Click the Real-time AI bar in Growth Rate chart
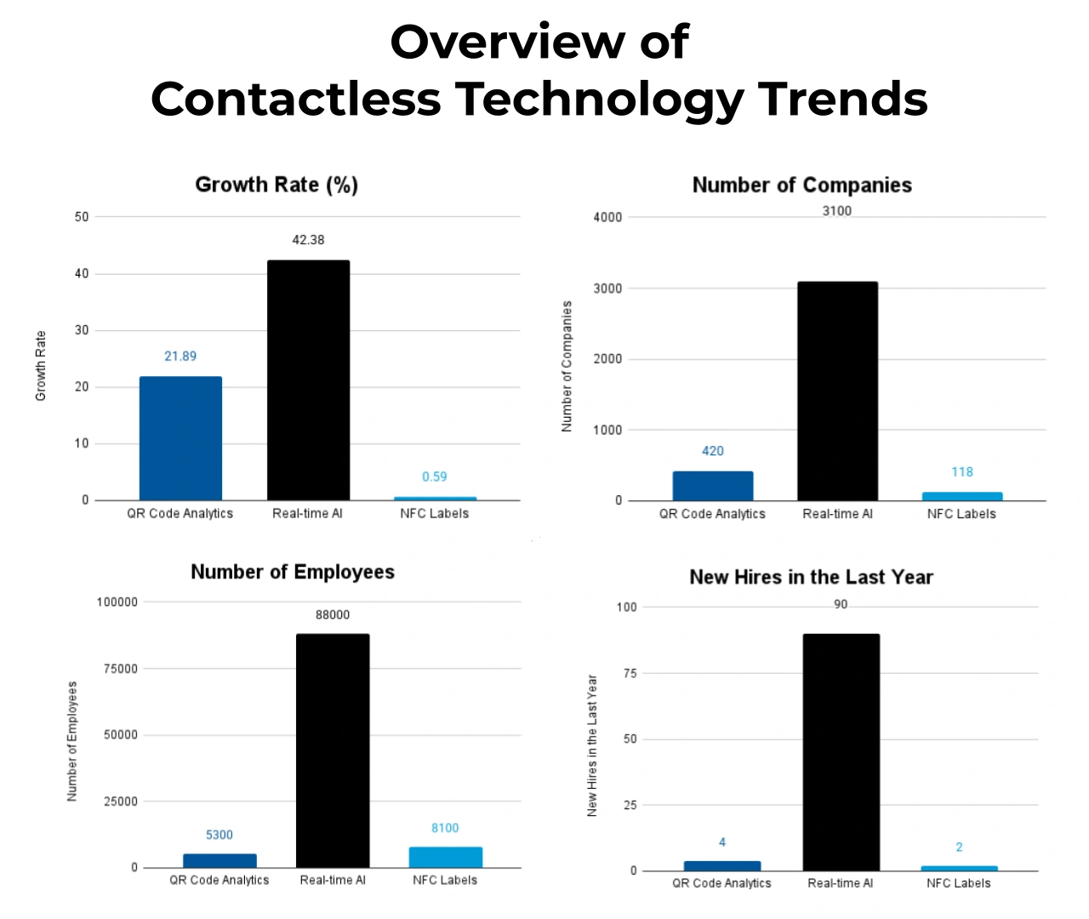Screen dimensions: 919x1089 (308, 380)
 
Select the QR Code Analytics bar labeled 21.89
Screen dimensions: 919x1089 (180, 438)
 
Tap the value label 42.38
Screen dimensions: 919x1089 (308, 240)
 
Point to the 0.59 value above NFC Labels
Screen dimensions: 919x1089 (434, 477)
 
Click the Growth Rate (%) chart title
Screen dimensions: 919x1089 (277, 185)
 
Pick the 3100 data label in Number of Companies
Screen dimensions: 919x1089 (836, 211)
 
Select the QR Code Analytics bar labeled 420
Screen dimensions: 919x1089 (713, 486)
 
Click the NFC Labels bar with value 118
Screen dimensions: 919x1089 (962, 496)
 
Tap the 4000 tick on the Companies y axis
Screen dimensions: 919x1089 (607, 218)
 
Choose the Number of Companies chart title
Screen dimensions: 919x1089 (801, 186)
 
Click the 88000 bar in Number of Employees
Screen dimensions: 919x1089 (333, 751)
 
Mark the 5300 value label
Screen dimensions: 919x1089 (219, 835)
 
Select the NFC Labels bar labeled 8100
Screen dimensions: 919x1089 (445, 857)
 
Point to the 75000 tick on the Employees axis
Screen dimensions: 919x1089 (120, 669)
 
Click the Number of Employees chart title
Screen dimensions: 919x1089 (293, 572)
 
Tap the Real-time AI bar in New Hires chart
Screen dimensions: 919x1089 (841, 752)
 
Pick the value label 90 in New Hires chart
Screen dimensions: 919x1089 (841, 604)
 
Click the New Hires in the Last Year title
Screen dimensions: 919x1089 (811, 577)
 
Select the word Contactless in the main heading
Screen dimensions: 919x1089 (296, 99)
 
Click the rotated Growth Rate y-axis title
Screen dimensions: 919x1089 (41, 366)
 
